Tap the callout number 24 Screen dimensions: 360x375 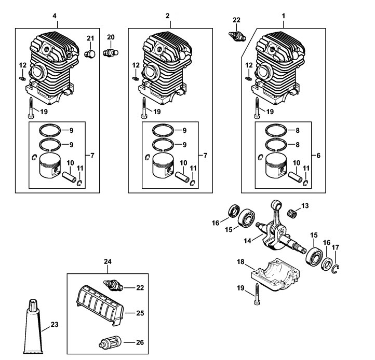(x=108, y=261)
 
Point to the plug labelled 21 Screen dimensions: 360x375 (x=89, y=54)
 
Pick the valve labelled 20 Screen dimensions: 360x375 (x=111, y=52)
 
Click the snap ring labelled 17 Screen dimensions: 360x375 (x=337, y=267)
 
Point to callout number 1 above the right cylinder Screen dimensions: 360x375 (x=284, y=17)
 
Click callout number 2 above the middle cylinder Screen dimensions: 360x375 (x=168, y=17)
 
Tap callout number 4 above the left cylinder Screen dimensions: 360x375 (x=55, y=17)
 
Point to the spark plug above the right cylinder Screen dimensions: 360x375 (x=237, y=35)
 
